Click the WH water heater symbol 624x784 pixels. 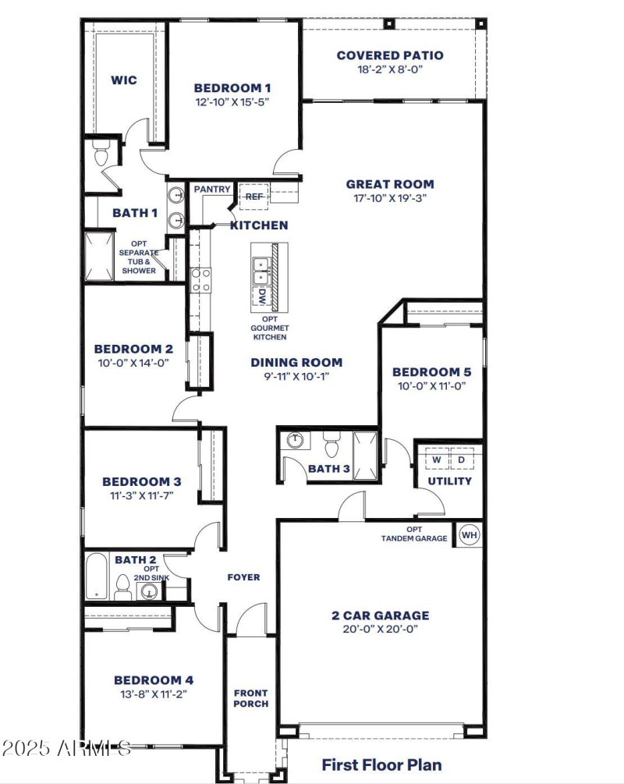pyautogui.click(x=469, y=535)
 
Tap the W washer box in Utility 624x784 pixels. pyautogui.click(x=437, y=460)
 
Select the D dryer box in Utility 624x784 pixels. pyautogui.click(x=461, y=460)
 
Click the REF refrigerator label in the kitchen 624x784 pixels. pyautogui.click(x=254, y=197)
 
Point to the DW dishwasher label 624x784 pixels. pyautogui.click(x=263, y=296)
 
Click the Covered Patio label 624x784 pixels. pyautogui.click(x=390, y=55)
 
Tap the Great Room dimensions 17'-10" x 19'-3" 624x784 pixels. pyautogui.click(x=390, y=198)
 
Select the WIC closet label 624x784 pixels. pyautogui.click(x=124, y=80)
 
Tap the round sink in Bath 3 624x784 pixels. pyautogui.click(x=295, y=441)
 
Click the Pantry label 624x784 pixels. pyautogui.click(x=211, y=190)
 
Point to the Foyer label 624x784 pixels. pyautogui.click(x=243, y=577)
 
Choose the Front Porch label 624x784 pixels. pyautogui.click(x=250, y=698)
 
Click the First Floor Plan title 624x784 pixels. pyautogui.click(x=381, y=764)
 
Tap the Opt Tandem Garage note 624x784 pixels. pyautogui.click(x=414, y=534)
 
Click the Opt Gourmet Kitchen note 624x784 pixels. pyautogui.click(x=269, y=328)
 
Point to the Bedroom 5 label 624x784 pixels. pyautogui.click(x=431, y=372)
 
